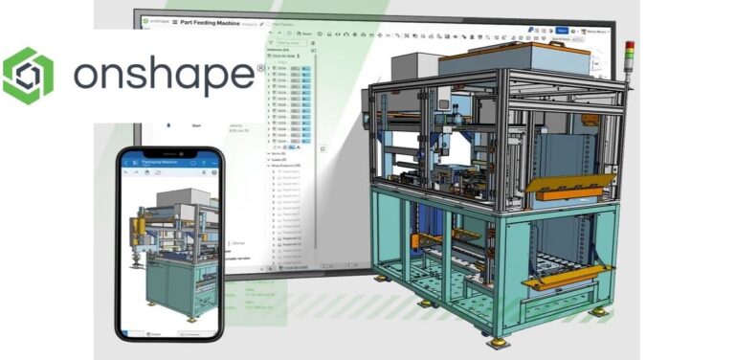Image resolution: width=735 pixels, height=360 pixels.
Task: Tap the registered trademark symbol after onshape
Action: [x=259, y=69]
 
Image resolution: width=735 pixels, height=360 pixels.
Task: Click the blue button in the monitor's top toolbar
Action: [x=563, y=31]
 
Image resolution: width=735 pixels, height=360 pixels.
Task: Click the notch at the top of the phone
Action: [x=169, y=151]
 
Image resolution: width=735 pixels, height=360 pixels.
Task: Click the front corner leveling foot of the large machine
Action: [x=497, y=342]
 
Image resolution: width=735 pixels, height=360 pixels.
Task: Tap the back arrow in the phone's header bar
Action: [x=126, y=164]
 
